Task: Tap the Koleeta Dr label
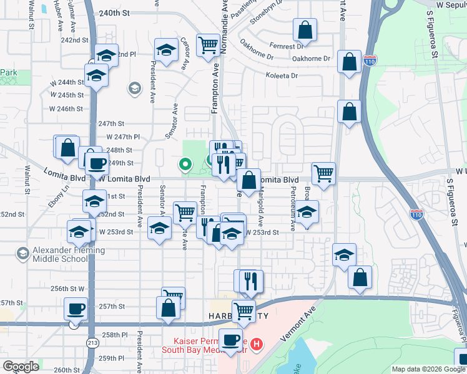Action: point(282,75)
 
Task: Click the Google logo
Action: point(21,367)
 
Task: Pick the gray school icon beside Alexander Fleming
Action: point(23,253)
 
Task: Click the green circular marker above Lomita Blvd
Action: point(185,165)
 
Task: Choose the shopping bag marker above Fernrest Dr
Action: point(305,29)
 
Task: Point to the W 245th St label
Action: point(67,95)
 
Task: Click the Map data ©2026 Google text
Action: point(428,369)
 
